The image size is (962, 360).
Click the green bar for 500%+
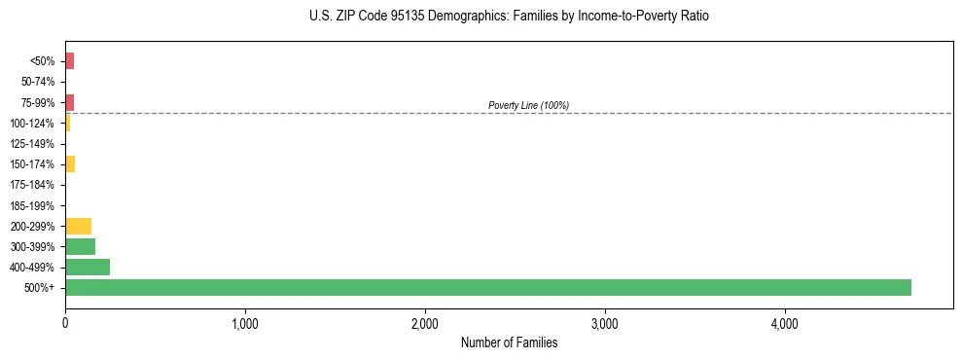487,287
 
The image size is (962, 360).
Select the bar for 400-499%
88,267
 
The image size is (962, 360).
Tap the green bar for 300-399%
80,246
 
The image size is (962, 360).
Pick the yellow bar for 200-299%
78,226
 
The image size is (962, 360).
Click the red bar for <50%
69,61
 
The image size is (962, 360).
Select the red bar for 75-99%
69,102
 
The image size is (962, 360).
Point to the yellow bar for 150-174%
70,163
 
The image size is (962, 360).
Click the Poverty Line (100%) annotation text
528,105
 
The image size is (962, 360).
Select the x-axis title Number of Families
509,342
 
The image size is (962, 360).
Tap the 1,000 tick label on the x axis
245,323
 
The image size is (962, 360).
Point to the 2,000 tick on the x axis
425,323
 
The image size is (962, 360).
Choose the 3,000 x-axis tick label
605,323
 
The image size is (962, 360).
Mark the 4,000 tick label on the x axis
785,323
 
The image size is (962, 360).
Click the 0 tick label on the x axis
65,323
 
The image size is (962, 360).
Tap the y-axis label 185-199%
32,205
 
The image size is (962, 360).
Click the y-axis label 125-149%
32,144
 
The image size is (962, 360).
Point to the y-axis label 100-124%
32,124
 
